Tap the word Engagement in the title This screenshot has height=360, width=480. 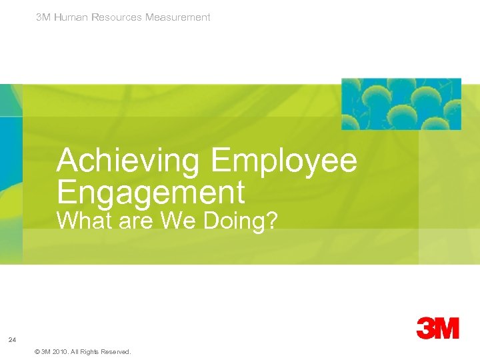151,193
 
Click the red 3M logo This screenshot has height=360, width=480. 437,328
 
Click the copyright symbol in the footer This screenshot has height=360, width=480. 36,351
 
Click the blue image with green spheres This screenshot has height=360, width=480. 401,104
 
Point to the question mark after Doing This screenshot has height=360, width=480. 271,221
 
